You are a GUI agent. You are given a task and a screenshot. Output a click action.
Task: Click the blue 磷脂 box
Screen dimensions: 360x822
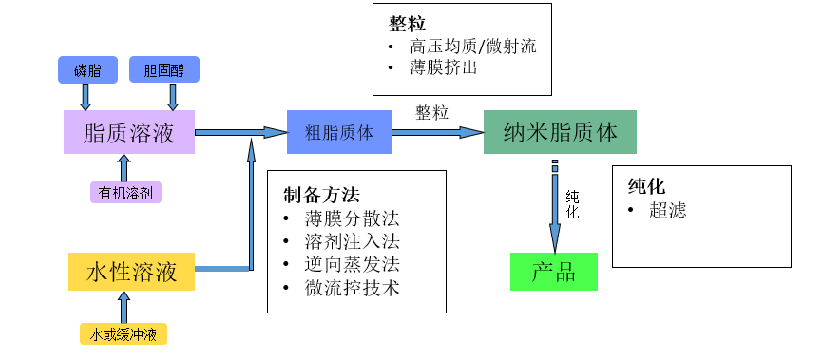coord(86,69)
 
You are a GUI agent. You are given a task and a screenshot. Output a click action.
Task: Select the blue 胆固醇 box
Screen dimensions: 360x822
coord(172,69)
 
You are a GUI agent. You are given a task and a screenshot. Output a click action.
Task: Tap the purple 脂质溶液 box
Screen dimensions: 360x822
coord(129,132)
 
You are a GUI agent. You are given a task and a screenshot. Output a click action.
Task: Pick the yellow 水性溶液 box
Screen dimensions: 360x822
coord(131,272)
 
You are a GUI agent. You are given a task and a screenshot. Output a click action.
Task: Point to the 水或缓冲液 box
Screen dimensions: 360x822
coord(123,334)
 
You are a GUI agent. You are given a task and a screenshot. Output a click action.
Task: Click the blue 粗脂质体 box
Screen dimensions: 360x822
coord(338,132)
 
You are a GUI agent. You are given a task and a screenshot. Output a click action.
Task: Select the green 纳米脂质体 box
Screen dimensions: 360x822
coord(559,132)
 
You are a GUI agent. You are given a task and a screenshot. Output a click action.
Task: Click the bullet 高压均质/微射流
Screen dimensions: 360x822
coord(473,47)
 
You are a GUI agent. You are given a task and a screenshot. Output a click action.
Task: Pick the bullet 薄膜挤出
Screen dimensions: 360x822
coord(443,68)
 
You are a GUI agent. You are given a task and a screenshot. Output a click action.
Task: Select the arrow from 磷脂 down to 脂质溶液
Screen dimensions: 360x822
coord(86,96)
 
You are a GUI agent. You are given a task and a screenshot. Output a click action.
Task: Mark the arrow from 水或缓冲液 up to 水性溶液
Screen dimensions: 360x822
coord(123,307)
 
